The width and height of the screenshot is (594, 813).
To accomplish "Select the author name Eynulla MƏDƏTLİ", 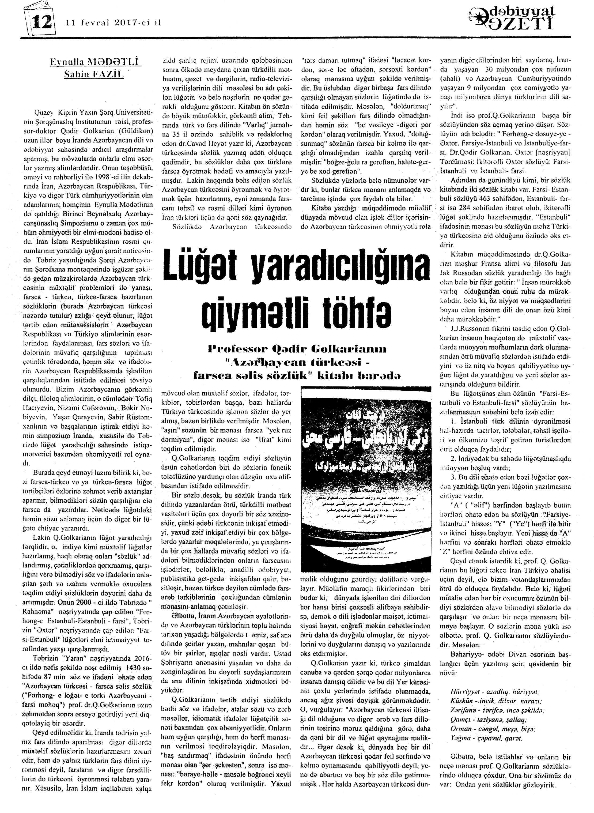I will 95,64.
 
